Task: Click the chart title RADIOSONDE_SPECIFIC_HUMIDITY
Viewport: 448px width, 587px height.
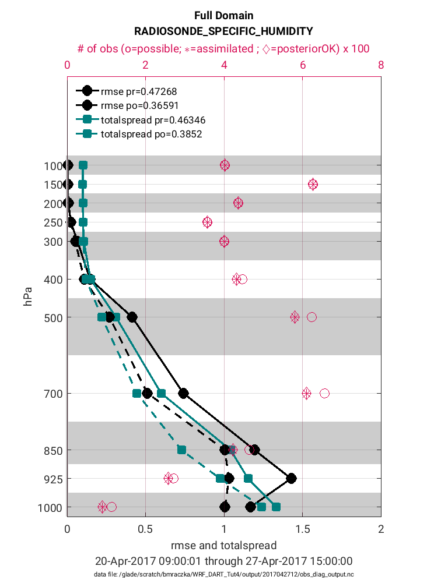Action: tap(224, 31)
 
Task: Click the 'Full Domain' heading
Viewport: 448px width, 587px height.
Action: tap(224, 16)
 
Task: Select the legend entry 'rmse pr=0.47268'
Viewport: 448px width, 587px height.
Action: tap(139, 91)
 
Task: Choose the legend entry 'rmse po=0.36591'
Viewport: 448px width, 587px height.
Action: tap(139, 105)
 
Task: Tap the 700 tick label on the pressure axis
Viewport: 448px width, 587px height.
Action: tap(51, 394)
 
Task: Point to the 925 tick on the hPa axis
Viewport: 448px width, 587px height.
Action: tap(51, 479)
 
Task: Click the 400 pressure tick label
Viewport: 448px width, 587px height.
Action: tap(51, 280)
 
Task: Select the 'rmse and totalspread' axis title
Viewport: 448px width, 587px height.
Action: tap(224, 546)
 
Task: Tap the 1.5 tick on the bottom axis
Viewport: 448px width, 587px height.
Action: tap(302, 529)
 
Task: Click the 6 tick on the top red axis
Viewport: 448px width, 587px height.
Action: tap(303, 65)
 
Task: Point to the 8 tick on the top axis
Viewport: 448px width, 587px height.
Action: tap(381, 65)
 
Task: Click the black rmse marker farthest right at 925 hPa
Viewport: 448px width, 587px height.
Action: tap(291, 478)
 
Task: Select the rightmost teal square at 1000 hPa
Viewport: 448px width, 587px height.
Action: tap(276, 507)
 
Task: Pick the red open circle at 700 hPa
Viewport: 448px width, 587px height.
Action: tap(324, 394)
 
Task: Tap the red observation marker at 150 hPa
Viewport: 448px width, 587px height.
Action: tap(313, 184)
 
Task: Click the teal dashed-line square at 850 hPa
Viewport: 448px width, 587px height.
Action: tap(181, 450)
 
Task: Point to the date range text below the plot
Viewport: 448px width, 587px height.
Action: tap(224, 561)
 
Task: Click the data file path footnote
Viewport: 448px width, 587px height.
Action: tap(224, 575)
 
